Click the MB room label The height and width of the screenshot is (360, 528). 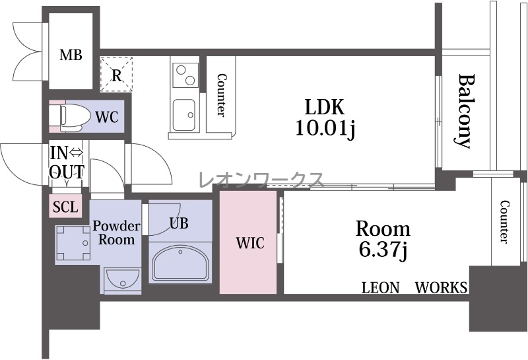71,55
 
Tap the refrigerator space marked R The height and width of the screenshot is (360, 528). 117,75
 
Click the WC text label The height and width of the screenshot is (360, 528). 107,117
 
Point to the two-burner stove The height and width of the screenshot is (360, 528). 185,75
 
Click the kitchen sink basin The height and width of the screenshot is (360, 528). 184,115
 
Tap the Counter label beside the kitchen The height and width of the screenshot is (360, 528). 221,95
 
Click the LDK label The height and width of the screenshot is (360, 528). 325,107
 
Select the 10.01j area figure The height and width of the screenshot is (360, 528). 325,128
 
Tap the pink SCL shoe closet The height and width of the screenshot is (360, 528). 65,206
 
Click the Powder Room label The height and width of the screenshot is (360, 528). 116,233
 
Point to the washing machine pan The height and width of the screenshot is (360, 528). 73,243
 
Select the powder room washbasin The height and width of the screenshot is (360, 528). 122,281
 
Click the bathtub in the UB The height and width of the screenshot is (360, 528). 180,263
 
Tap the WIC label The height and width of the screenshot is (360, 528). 250,242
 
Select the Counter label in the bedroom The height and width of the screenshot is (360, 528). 504,221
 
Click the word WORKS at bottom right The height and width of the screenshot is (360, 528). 441,287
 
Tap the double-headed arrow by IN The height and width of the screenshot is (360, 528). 76,153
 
